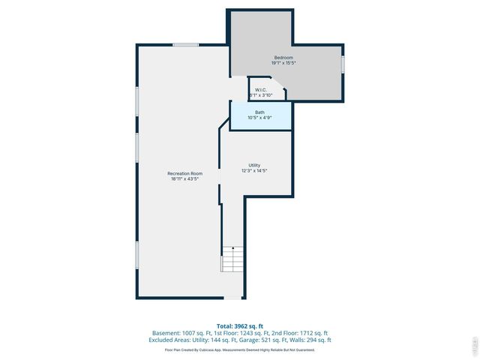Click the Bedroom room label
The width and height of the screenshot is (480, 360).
click(x=283, y=58)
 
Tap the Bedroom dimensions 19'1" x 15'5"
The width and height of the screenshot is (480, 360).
click(x=283, y=63)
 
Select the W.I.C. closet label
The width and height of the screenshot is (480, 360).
click(x=261, y=90)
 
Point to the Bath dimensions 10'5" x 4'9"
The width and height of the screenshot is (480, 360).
click(x=259, y=118)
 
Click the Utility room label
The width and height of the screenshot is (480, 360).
click(x=254, y=165)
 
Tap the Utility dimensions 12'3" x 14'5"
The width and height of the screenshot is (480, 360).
click(x=254, y=171)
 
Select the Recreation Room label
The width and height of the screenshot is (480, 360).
click(x=184, y=173)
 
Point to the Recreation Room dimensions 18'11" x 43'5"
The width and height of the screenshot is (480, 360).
click(x=184, y=179)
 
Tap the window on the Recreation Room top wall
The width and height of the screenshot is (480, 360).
click(x=185, y=45)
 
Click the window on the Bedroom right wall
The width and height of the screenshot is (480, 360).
click(x=343, y=64)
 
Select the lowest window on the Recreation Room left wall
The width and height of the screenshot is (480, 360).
click(x=136, y=254)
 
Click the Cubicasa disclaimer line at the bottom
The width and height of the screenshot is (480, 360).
click(x=239, y=349)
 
